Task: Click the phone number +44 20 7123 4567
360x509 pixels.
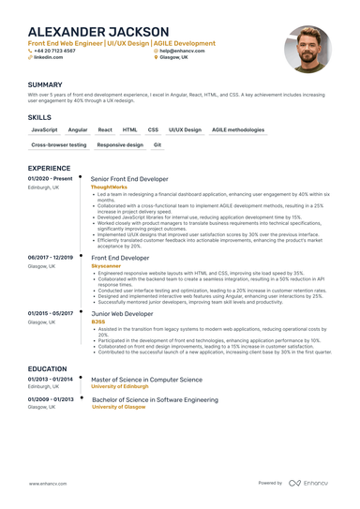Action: point(59,51)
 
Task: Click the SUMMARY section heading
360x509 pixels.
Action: point(45,84)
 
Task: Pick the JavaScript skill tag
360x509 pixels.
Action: point(44,129)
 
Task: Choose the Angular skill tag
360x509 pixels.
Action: point(78,129)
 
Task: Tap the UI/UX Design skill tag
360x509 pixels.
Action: point(185,129)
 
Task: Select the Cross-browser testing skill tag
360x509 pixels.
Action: point(58,145)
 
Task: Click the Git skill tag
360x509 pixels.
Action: point(157,145)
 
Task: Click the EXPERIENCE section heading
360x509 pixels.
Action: point(50,168)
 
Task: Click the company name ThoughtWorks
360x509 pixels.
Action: point(109,187)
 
